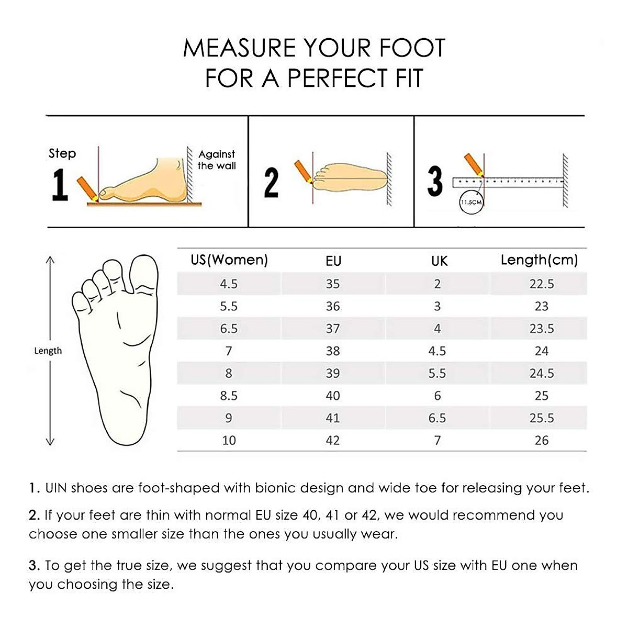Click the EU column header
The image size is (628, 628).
333,261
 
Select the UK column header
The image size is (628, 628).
439,261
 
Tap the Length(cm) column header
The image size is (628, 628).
539,260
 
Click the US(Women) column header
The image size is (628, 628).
229,260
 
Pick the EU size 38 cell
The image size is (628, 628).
333,351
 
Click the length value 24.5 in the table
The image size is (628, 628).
541,373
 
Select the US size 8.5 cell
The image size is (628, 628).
229,396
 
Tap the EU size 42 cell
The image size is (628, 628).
333,440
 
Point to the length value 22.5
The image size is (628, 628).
541,284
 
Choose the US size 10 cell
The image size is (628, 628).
229,440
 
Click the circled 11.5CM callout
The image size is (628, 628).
470,202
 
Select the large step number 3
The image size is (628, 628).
434,181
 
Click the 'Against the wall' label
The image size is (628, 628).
217,160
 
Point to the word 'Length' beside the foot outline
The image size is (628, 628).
48,351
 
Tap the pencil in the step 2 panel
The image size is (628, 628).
303,171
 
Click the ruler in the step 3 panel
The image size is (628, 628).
508,182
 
